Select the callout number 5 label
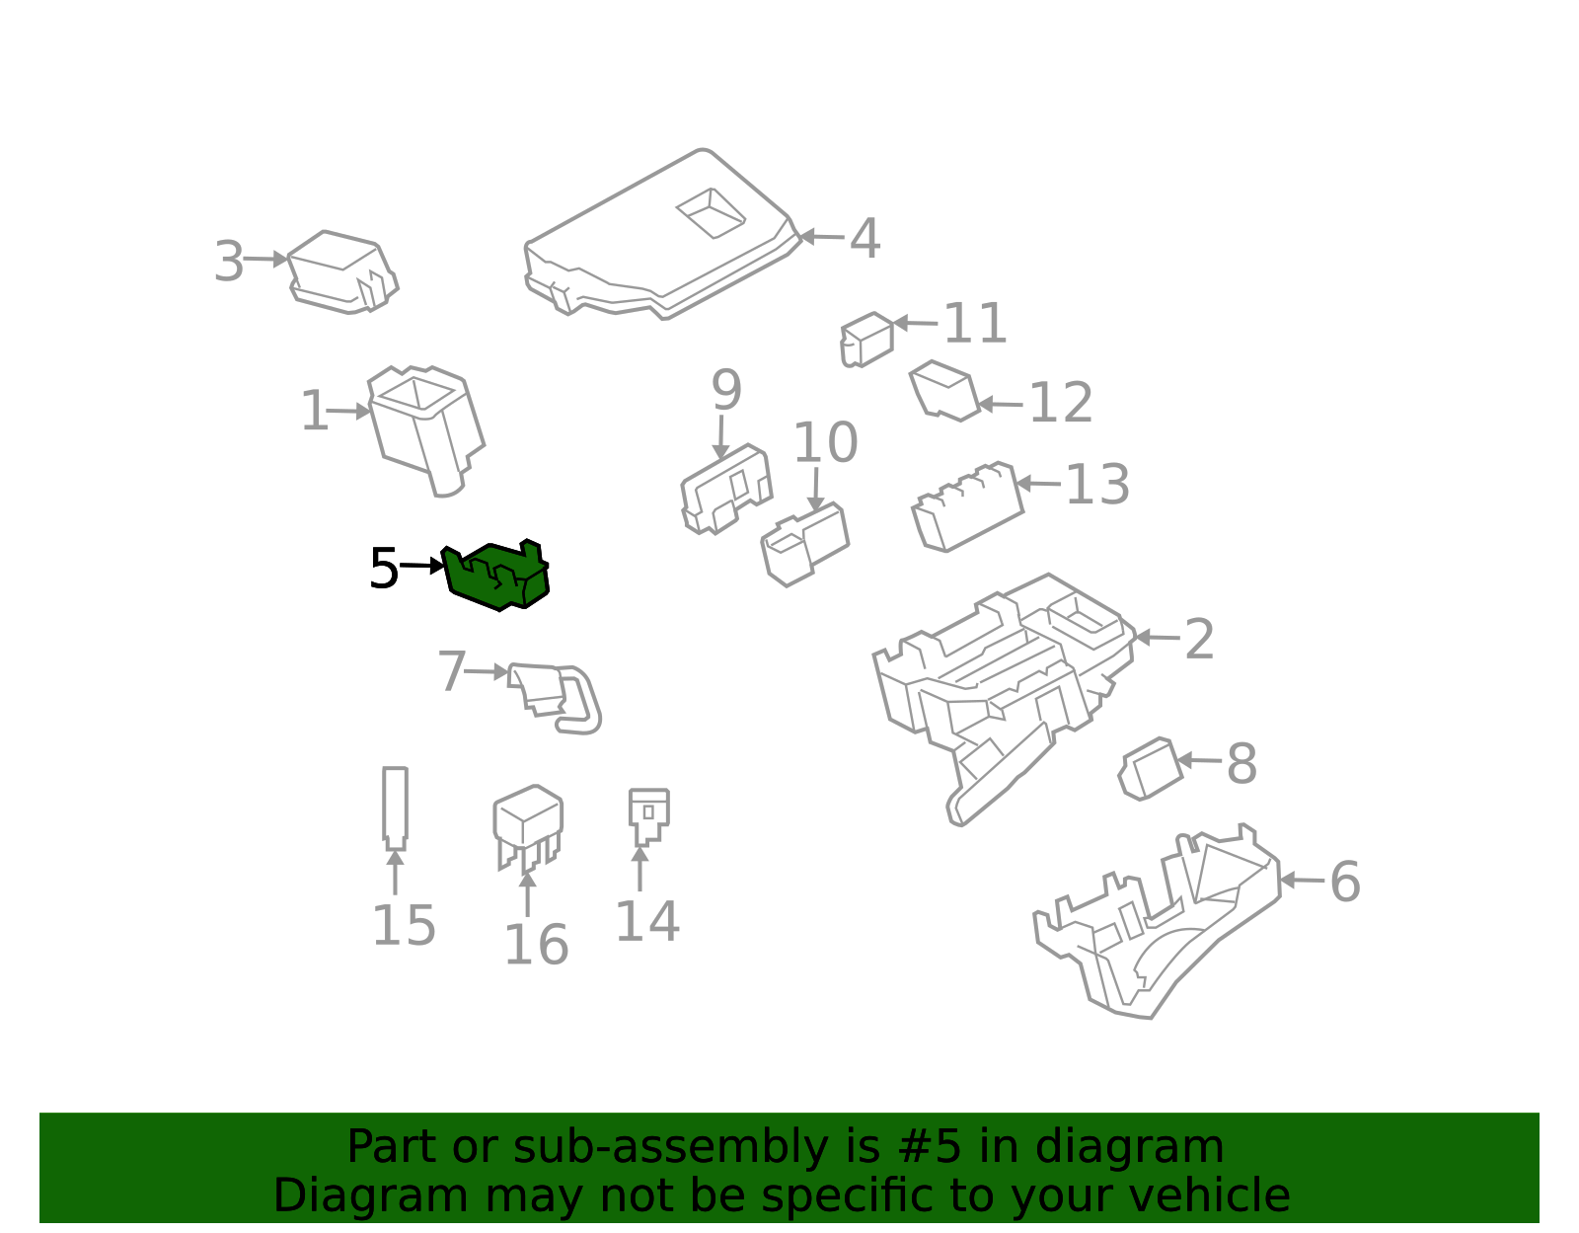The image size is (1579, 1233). pyautogui.click(x=384, y=569)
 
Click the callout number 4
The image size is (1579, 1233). pyautogui.click(x=865, y=238)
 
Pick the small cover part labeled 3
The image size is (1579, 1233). pyautogui.click(x=343, y=271)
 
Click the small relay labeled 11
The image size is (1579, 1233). pyautogui.click(x=866, y=340)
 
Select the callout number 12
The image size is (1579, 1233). pyautogui.click(x=1061, y=403)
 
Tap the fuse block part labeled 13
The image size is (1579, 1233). pyautogui.click(x=968, y=506)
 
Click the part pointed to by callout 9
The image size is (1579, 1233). pyautogui.click(x=726, y=490)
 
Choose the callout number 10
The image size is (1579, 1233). pyautogui.click(x=825, y=442)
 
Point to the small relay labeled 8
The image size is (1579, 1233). pyautogui.click(x=1151, y=769)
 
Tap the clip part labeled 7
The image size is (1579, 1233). pyautogui.click(x=555, y=699)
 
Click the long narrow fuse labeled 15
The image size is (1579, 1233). pyautogui.click(x=396, y=809)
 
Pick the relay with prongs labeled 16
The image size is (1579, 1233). pyautogui.click(x=528, y=828)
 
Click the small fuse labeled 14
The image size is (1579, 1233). pyautogui.click(x=648, y=817)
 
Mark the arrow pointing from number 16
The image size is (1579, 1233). pyautogui.click(x=528, y=894)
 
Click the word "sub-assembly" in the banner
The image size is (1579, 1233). pyautogui.click(x=670, y=1147)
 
